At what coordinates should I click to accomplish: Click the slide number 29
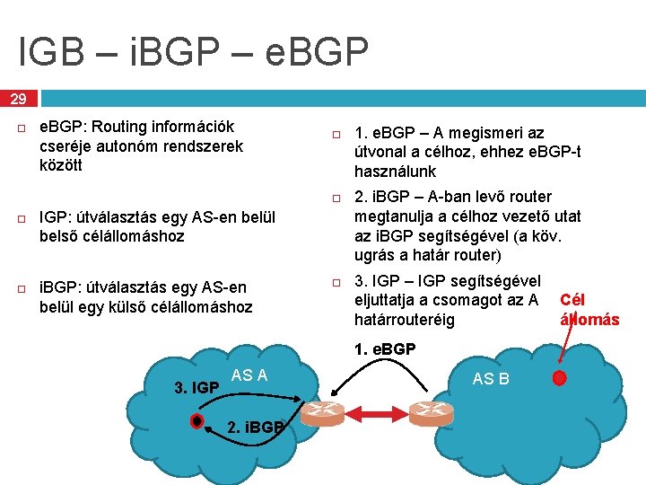19,98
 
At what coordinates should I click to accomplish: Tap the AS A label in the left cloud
249,375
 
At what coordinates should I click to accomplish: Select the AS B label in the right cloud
491,378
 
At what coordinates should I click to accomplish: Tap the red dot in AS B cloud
560,377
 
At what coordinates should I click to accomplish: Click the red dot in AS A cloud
196,421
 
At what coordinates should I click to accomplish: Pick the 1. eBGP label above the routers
385,348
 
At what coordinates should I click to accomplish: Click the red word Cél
572,300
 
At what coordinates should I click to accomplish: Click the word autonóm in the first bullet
124,145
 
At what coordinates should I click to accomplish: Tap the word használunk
396,171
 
